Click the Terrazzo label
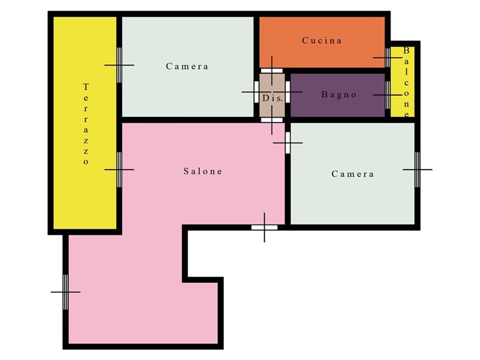(x=86, y=124)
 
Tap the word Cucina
(x=322, y=40)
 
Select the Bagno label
(x=339, y=95)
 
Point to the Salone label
(x=203, y=171)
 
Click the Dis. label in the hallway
(x=272, y=98)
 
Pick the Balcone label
(x=406, y=82)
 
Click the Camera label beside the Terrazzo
(x=187, y=66)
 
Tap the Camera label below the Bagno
(x=353, y=174)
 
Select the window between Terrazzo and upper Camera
(x=119, y=65)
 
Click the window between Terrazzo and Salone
(x=119, y=170)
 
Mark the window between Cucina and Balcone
(x=388, y=58)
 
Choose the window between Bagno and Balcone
(x=388, y=95)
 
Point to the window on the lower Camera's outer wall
(x=418, y=170)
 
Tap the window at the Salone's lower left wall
(x=65, y=292)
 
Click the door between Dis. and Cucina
(x=272, y=71)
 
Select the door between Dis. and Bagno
(x=287, y=92)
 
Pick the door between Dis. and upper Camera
(x=257, y=92)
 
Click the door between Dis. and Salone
(x=272, y=119)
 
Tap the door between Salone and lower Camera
(x=287, y=143)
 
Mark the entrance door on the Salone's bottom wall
(x=265, y=227)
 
